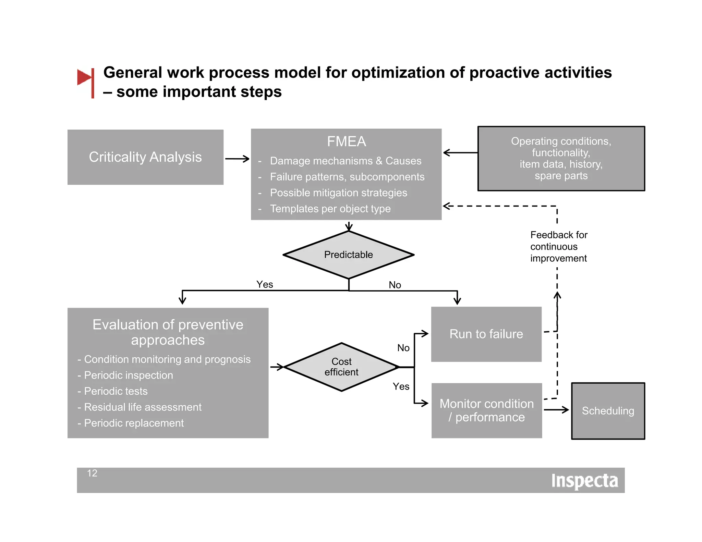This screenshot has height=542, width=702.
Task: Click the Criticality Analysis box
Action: point(145,157)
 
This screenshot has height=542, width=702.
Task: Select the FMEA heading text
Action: point(346,141)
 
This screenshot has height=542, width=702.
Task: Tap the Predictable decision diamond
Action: point(348,255)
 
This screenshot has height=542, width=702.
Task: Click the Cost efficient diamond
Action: point(341,367)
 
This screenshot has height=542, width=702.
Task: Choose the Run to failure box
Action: point(486,334)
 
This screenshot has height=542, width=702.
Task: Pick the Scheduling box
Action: point(608,411)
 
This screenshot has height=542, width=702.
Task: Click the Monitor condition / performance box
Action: point(486,410)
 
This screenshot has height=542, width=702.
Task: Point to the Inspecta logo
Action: point(584,481)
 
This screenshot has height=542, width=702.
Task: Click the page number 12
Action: point(92,473)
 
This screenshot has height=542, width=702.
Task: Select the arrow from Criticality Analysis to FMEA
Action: point(237,159)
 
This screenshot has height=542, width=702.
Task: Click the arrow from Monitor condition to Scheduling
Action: point(556,409)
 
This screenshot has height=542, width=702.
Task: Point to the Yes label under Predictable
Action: point(265,284)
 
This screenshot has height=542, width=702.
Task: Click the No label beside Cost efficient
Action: point(403,348)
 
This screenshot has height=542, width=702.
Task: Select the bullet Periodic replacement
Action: point(134,423)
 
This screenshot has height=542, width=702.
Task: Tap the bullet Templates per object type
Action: point(330,209)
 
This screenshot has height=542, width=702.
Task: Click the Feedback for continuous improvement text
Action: point(558,247)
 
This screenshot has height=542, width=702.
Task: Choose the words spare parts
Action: point(561,176)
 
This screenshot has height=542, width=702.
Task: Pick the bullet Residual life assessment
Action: point(143,407)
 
